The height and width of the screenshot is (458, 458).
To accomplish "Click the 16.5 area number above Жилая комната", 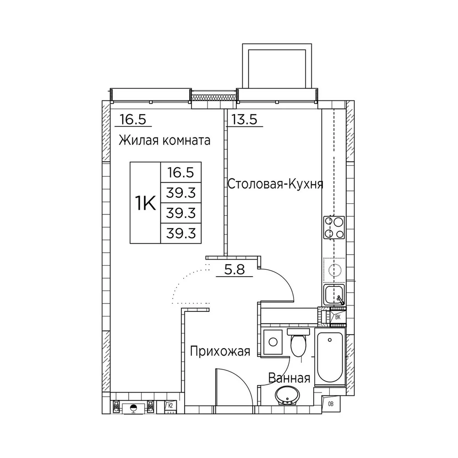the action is [x=133, y=120].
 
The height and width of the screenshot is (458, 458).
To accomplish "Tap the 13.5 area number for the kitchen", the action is [x=245, y=120].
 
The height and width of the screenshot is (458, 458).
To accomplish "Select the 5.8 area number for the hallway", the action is [x=234, y=270].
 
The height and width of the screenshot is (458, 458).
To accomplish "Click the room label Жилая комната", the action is [x=164, y=141].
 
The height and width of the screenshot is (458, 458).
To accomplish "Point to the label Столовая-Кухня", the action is [x=275, y=184].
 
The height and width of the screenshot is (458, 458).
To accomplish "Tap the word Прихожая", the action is [x=220, y=351].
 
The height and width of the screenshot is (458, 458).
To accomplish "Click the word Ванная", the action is [x=289, y=378].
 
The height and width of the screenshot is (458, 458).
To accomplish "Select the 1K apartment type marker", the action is [x=145, y=203].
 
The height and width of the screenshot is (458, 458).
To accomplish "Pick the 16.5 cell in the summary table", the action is [x=181, y=173].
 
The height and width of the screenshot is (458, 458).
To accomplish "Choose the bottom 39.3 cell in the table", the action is [x=181, y=234].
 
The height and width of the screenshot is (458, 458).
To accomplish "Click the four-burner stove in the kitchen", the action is [x=334, y=228].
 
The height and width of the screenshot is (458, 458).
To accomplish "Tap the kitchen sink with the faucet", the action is [x=334, y=294].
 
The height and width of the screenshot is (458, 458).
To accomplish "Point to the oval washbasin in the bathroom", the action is [x=287, y=396].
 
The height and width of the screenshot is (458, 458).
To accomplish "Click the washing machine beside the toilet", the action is [x=273, y=342].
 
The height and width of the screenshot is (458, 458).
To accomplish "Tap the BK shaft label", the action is [x=338, y=317].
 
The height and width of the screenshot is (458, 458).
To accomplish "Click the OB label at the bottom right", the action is [x=331, y=404].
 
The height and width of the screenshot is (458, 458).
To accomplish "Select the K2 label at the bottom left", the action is [x=170, y=405].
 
